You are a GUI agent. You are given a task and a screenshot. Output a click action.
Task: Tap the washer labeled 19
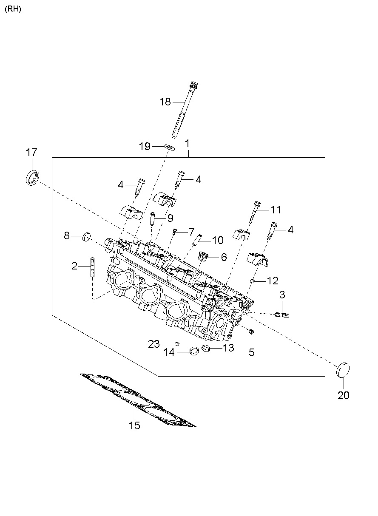coord(170,147)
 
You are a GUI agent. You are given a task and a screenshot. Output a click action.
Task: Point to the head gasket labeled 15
coord(139,400)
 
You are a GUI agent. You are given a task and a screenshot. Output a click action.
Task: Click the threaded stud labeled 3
coord(283,315)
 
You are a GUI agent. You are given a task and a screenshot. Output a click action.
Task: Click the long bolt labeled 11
coord(255,211)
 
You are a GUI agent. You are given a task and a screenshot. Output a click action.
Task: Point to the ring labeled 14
coord(194,351)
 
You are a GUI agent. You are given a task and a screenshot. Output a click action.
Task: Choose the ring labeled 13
coord(207,349)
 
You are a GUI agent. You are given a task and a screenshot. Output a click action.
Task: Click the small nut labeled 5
coord(251,332)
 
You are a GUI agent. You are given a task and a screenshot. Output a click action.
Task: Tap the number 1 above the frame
coord(187,144)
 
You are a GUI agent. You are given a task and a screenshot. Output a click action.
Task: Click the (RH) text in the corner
coord(13,9)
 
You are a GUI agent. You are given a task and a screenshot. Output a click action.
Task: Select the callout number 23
coord(153,343)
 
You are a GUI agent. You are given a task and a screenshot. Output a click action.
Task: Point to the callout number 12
coord(273,281)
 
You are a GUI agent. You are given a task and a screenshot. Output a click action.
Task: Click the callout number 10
coord(217,241)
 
